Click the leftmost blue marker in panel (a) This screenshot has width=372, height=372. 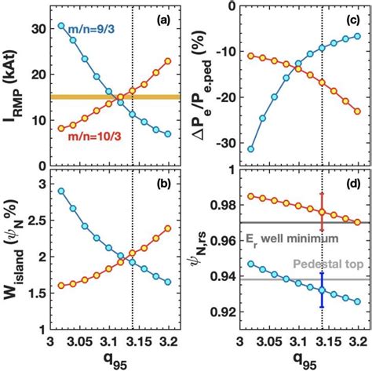pyautogui.click(x=62, y=26)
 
